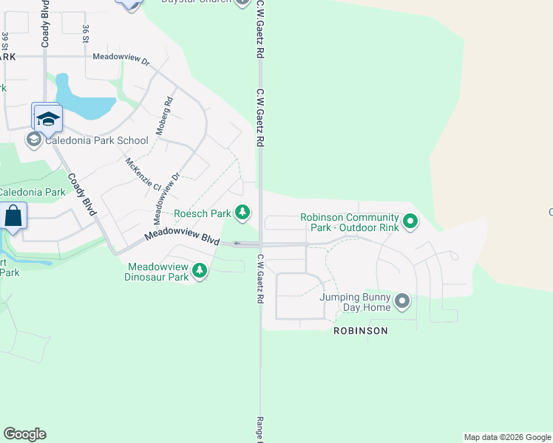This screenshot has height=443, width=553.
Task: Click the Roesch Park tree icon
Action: (242, 213)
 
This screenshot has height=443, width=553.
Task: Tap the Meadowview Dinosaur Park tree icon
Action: (199, 272)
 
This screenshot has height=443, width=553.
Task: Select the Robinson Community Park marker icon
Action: (410, 221)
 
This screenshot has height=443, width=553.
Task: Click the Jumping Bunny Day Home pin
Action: (402, 301)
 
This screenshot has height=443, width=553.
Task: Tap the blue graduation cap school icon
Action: (48, 118)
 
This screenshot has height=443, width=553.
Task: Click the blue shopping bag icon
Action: (13, 216)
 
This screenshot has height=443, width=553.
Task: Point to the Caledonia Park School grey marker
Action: (33, 140)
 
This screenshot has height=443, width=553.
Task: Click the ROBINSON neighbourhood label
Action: (360, 331)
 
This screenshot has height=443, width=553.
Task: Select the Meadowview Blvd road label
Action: (183, 236)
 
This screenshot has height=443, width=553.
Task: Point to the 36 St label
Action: (86, 34)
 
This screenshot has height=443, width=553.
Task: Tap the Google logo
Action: (24, 434)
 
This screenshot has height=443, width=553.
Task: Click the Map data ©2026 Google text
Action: (507, 437)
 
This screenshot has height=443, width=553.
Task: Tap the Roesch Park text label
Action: (203, 214)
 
